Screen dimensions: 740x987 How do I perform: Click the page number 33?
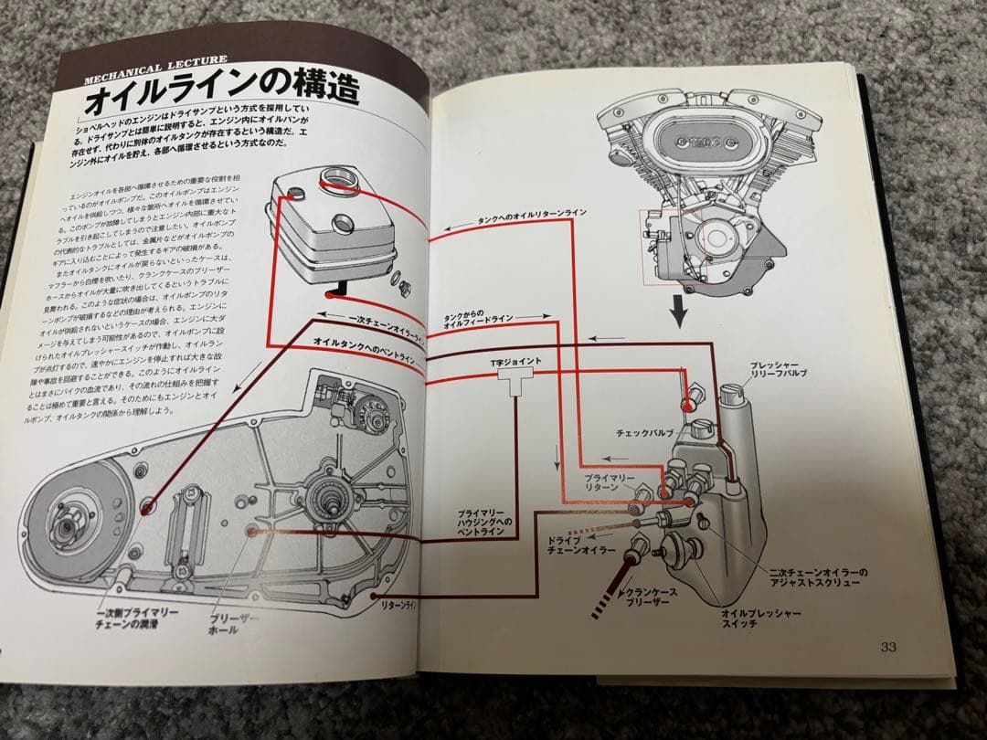click(x=887, y=647)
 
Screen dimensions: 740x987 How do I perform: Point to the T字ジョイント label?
click(x=516, y=363)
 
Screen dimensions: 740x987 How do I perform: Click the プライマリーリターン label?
click(x=604, y=481)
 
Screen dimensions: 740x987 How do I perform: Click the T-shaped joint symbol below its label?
click(x=515, y=385)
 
